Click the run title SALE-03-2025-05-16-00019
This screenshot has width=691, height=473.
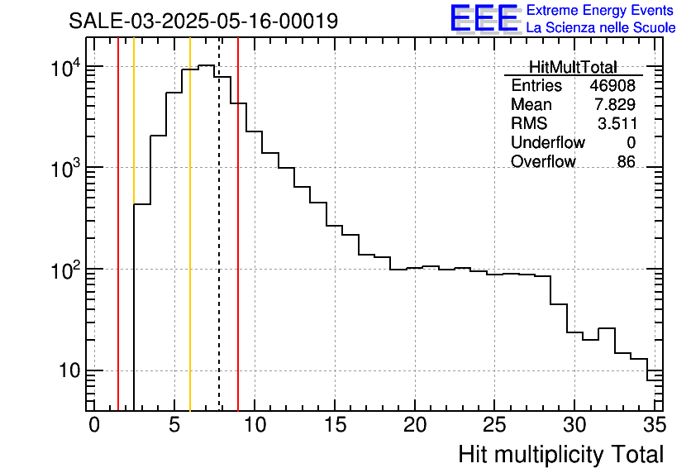(x=203, y=21)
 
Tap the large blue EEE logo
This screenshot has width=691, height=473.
(x=484, y=17)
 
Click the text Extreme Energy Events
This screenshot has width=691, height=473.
(x=601, y=10)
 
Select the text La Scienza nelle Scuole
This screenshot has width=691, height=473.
(x=601, y=27)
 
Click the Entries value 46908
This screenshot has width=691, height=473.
(x=612, y=86)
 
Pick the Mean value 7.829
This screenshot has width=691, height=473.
(x=615, y=105)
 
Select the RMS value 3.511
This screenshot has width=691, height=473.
(x=617, y=124)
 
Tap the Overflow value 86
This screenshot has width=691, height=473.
(x=626, y=162)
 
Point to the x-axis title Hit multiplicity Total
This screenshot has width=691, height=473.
(x=560, y=454)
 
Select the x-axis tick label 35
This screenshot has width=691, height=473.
(x=655, y=425)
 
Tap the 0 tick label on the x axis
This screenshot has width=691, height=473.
(x=94, y=425)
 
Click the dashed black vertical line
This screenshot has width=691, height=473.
(x=219, y=248)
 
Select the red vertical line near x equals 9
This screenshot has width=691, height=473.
(x=238, y=248)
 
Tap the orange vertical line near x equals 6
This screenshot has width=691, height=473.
(x=190, y=248)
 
